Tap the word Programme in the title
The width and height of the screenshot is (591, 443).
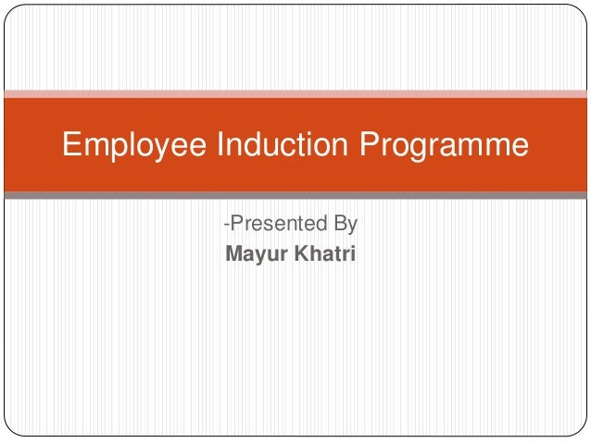tap(445, 146)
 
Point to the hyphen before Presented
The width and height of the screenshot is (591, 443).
tap(225, 225)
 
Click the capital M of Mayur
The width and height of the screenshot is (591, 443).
tap(233, 251)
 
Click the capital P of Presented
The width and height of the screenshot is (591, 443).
tap(235, 224)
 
